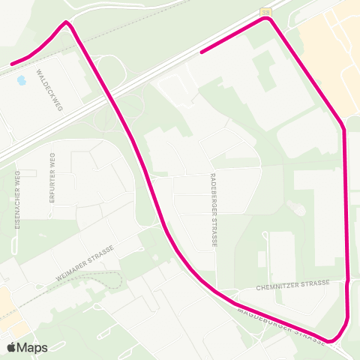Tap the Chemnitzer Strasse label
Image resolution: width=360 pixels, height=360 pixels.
point(292,283)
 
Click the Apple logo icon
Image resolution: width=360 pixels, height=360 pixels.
point(12,347)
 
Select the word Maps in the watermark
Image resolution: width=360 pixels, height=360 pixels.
point(33,347)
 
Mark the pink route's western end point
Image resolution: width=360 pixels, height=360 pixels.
point(12,64)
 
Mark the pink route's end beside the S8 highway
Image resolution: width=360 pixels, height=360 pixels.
point(202,52)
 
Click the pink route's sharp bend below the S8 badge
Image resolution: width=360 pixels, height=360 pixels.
point(268,20)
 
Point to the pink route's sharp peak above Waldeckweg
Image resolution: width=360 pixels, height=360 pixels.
point(67,22)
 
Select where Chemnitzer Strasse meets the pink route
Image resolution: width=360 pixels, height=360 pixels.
point(349,282)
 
